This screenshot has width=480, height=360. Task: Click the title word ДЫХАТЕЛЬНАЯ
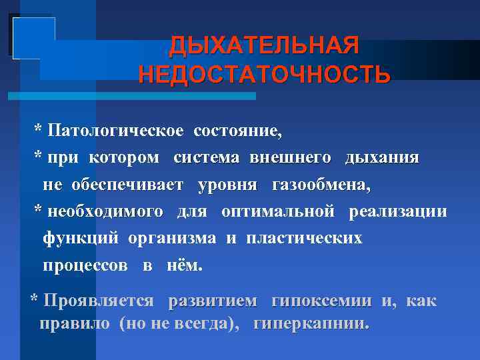point(264,46)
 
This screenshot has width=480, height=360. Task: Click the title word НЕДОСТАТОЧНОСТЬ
point(264,74)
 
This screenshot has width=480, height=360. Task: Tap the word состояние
point(237,131)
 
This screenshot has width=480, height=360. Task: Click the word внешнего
point(290,157)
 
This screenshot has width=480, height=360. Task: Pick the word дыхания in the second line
point(382,157)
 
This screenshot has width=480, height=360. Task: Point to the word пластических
point(304,238)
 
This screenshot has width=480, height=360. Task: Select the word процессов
point(85,265)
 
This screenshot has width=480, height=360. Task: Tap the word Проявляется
point(99,301)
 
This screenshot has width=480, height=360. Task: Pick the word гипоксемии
point(323,301)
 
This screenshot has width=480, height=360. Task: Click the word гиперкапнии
point(311,325)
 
